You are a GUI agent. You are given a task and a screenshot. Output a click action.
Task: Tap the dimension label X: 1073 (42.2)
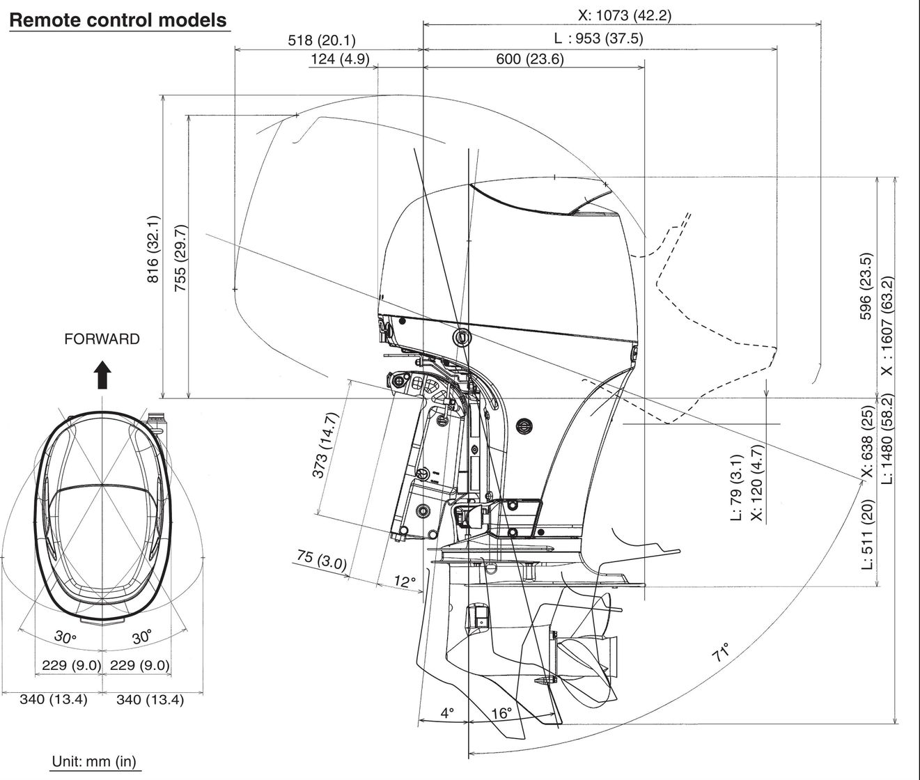coord(625,15)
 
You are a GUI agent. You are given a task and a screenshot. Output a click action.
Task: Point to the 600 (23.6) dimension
coord(529,59)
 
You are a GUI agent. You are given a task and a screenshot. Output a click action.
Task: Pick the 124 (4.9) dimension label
coord(339,59)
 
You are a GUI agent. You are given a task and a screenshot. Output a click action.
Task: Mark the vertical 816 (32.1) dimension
coord(153,249)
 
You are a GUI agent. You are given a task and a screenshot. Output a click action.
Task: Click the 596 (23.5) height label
coord(866,286)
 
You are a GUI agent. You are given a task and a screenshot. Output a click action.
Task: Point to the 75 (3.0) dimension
coord(321,561)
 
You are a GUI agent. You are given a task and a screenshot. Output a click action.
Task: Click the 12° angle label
coord(404,581)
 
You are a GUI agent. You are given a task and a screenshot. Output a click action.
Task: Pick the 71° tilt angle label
coord(722,653)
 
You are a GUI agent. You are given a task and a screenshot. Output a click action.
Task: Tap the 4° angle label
coord(446,713)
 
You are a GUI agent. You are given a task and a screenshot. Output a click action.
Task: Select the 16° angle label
coord(501,713)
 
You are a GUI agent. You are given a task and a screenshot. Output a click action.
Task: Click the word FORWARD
coord(102,339)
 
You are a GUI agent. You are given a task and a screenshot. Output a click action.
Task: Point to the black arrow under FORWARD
coord(102,374)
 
